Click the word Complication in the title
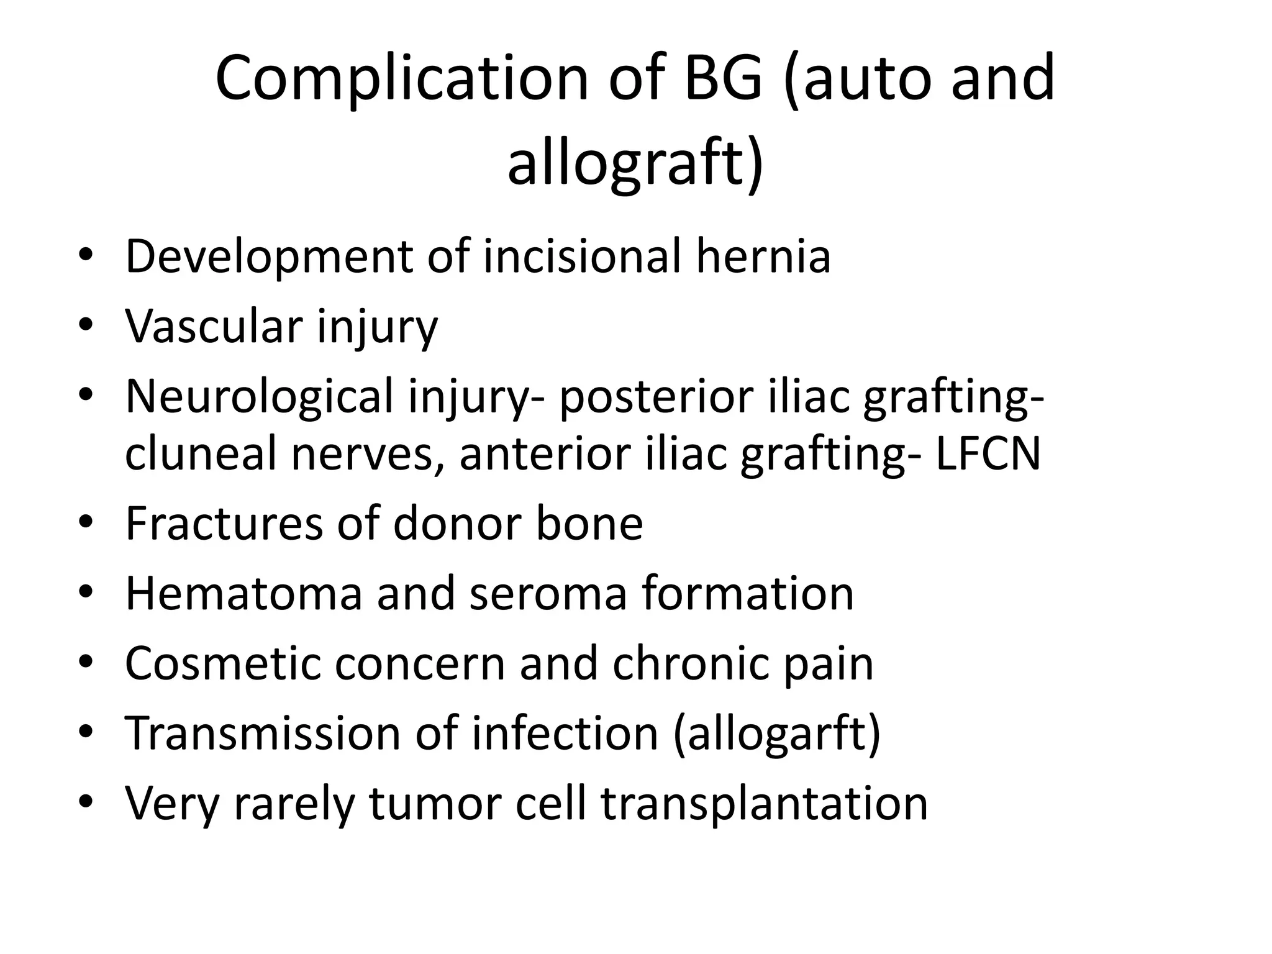click(x=401, y=79)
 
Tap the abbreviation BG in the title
click(x=722, y=79)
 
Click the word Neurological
click(x=259, y=396)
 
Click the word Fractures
click(x=224, y=523)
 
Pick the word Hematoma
click(x=243, y=593)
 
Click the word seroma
click(x=548, y=593)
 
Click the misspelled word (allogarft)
click(x=777, y=734)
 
